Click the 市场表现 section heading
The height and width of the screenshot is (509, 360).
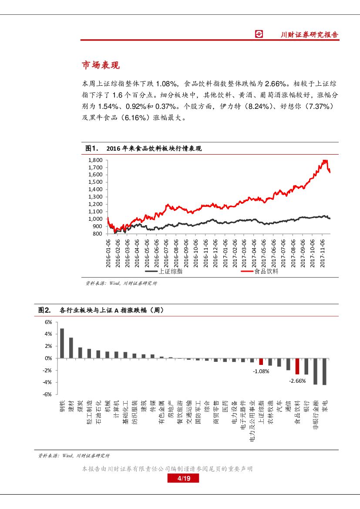[x=101, y=65]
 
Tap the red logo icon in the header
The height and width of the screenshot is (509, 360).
[x=259, y=34]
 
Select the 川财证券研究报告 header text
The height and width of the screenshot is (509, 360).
[x=309, y=35]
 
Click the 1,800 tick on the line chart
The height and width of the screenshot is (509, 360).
[x=95, y=160]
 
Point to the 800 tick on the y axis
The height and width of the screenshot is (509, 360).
[x=97, y=234]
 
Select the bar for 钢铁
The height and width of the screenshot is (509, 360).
[x=62, y=343]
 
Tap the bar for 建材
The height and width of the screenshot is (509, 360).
[x=71, y=348]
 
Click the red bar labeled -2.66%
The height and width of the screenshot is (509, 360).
[x=297, y=366]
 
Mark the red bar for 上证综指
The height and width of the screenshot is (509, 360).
[x=261, y=361]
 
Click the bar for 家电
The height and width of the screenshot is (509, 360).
[x=324, y=371]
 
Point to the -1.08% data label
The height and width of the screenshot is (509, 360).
[x=261, y=371]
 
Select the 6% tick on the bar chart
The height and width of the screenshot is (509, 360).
[x=48, y=322]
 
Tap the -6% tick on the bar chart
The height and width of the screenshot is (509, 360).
[x=47, y=394]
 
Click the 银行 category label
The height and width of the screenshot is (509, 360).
[x=306, y=407]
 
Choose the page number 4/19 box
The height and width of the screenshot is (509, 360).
[x=183, y=479]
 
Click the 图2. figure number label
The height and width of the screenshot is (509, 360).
[x=45, y=310]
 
